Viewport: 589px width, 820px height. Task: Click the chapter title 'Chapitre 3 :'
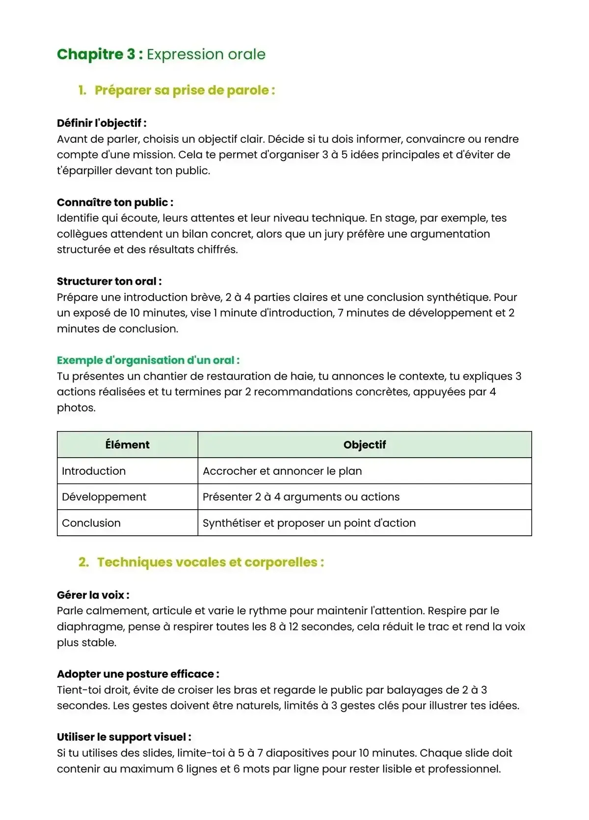pos(100,54)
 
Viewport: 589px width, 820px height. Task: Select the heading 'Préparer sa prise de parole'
pos(184,90)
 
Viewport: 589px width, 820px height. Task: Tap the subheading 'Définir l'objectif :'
pos(102,123)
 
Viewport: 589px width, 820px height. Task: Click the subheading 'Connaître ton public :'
pos(115,202)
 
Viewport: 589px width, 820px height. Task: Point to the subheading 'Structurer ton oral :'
pos(109,281)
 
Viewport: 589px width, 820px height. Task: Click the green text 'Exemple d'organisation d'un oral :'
pos(148,360)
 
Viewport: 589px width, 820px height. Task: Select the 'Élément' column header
pos(127,445)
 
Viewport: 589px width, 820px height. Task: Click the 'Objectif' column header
pos(364,445)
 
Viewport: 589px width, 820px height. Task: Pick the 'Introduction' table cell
pos(94,471)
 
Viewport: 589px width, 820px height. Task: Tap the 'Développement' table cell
pos(104,497)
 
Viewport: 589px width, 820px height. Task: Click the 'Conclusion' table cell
pos(91,523)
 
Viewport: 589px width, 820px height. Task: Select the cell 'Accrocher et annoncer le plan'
pos(282,471)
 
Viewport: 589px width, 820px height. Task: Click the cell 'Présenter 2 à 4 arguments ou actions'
pos(301,497)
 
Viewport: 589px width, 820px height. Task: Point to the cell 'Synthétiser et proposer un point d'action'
pos(309,523)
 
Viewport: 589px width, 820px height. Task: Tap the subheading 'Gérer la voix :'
pos(93,595)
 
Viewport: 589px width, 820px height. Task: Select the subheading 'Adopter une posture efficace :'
pos(138,674)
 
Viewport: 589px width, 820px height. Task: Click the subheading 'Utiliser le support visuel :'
pos(124,737)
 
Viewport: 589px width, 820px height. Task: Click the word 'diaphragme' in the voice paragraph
pos(86,627)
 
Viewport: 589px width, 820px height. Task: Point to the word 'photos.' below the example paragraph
pos(76,408)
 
